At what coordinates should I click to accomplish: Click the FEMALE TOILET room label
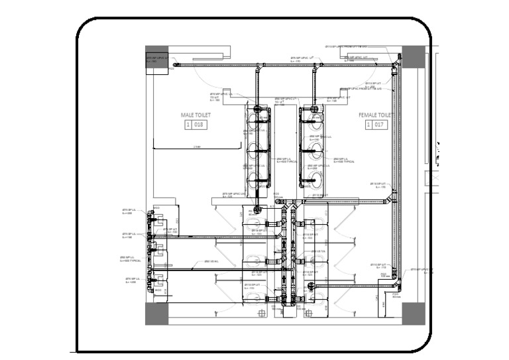374,115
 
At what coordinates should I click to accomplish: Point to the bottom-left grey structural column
156,313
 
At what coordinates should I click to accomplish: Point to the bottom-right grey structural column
412,313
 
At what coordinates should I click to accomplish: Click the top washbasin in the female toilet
315,120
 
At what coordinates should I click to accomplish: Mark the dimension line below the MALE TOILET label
196,147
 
